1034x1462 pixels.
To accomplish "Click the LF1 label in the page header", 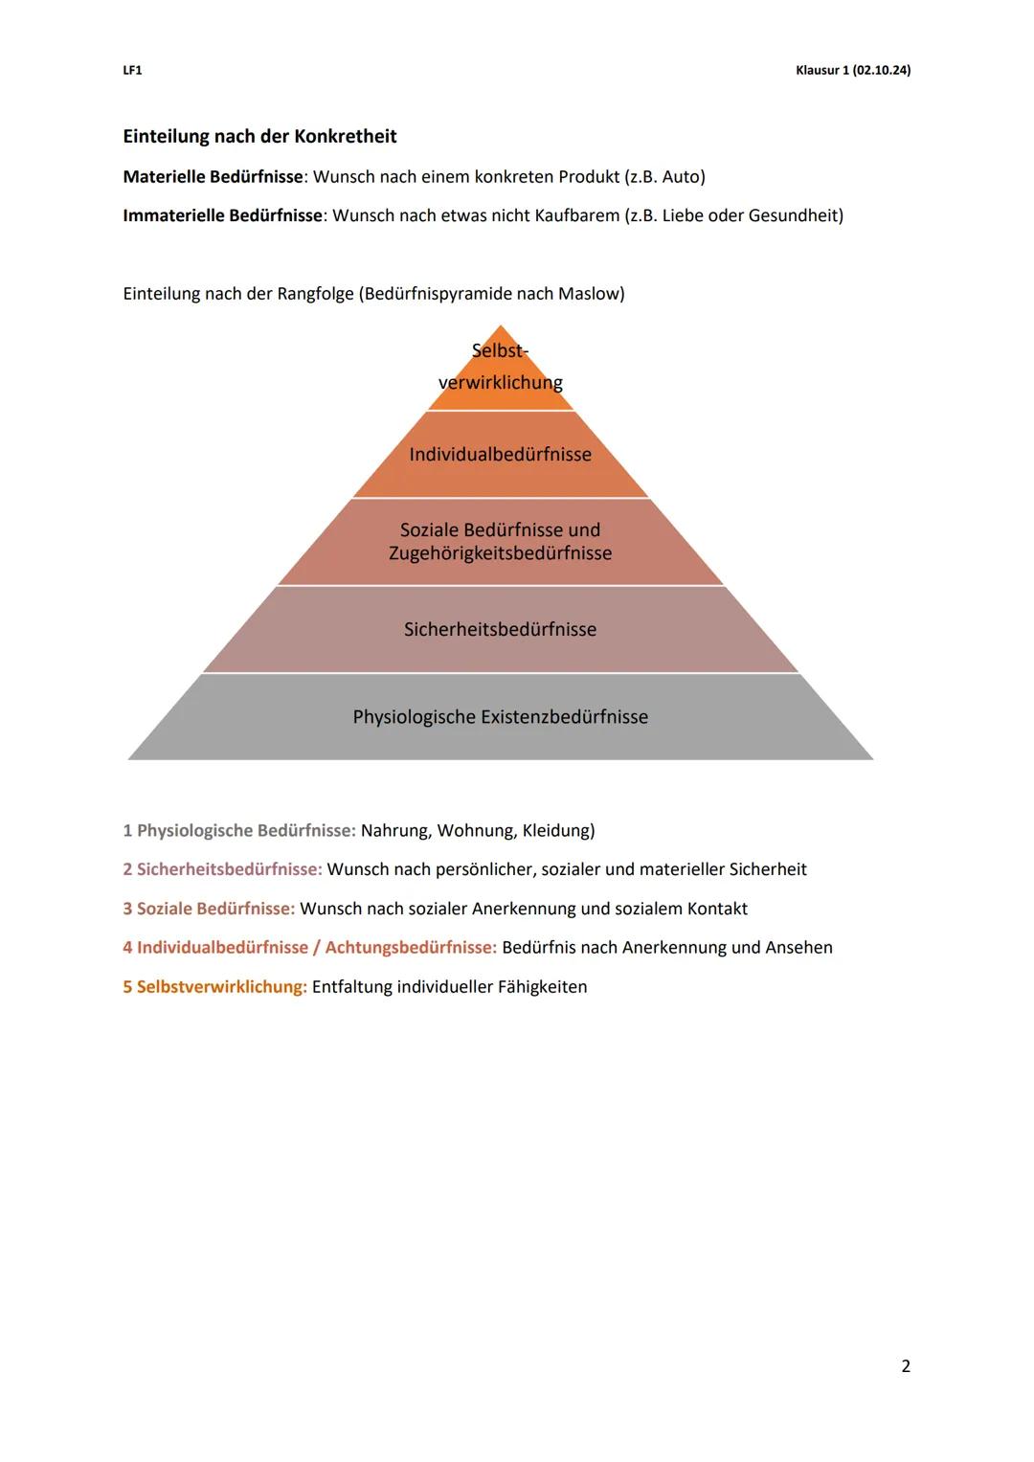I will (x=132, y=71).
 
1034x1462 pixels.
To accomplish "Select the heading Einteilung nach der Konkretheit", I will (x=259, y=136).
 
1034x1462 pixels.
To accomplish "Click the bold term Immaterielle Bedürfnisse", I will (x=222, y=215).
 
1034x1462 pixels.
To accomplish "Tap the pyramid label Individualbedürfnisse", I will (x=500, y=455).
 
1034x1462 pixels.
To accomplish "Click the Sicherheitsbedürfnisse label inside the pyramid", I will (x=500, y=630).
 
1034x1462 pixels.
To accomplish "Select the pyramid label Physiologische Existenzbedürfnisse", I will (x=500, y=717).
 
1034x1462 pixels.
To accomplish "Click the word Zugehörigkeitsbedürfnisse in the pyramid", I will (x=500, y=553).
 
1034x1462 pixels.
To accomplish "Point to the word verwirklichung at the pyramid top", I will (x=500, y=383).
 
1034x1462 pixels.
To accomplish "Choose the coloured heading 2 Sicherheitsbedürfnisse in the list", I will (x=222, y=870).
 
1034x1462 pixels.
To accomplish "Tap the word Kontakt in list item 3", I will (x=717, y=909).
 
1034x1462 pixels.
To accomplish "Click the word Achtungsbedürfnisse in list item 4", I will (x=411, y=948).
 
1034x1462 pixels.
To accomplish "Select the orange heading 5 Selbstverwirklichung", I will (x=214, y=987).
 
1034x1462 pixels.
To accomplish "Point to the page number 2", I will (x=906, y=1366).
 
